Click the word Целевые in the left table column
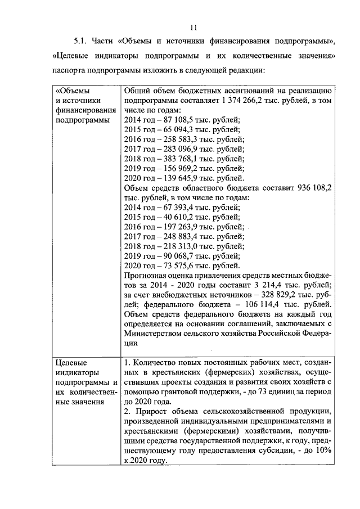pos(70,362)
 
